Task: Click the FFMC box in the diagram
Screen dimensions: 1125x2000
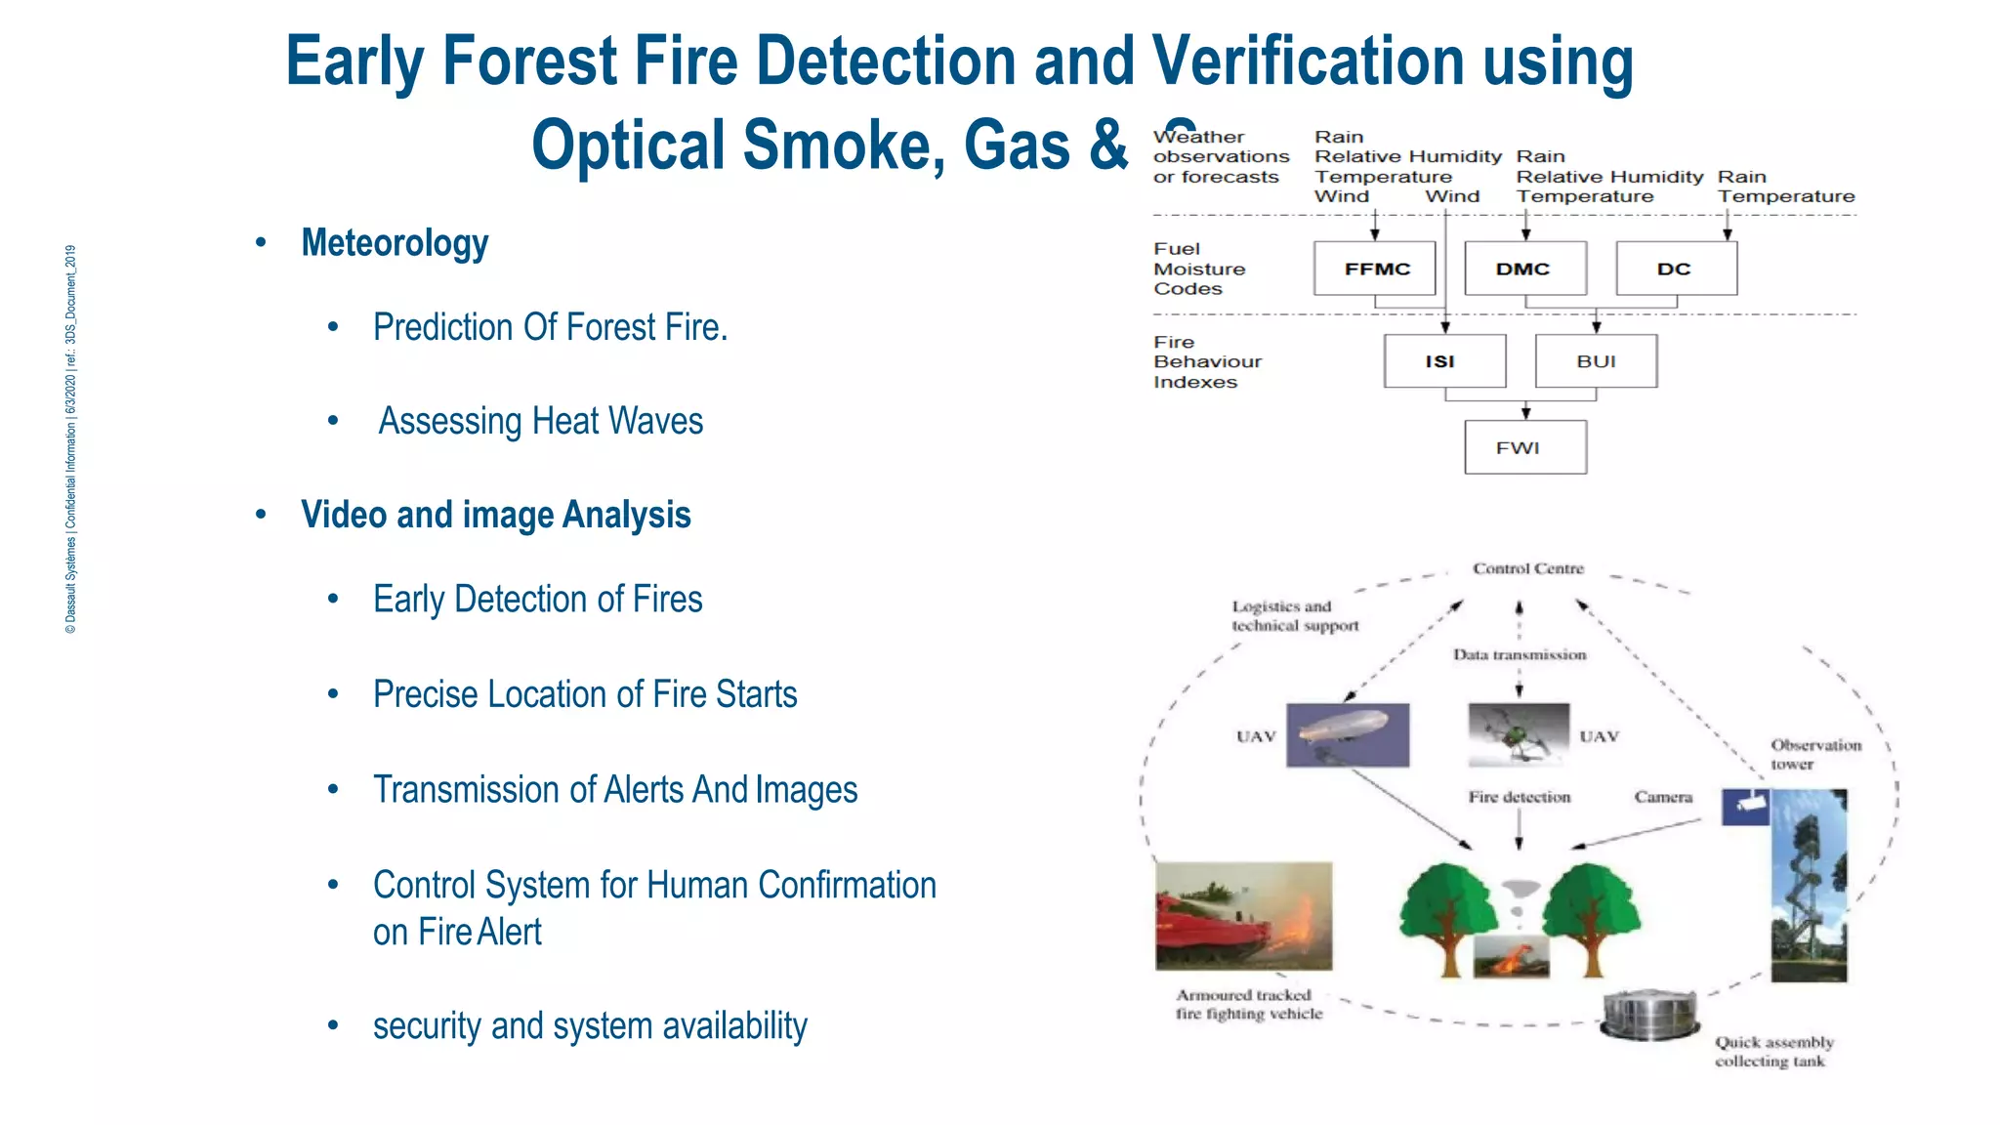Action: click(1375, 269)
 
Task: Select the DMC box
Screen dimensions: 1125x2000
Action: click(1524, 269)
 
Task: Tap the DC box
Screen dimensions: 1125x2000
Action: click(1676, 269)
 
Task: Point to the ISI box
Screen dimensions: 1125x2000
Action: click(1443, 361)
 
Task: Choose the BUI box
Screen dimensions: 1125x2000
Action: click(1596, 361)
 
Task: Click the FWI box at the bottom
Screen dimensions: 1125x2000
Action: click(1524, 447)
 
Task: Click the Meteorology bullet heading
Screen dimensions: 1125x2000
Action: click(395, 242)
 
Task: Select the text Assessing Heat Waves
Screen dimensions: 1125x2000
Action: click(540, 421)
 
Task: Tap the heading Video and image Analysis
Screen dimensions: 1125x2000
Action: click(495, 515)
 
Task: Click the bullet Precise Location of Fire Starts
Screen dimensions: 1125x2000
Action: click(584, 694)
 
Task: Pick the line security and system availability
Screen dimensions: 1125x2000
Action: click(590, 1025)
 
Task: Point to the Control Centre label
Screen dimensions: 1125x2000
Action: click(1528, 568)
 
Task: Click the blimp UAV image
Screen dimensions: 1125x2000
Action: click(1348, 734)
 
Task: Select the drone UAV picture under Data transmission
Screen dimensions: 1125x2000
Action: click(1518, 734)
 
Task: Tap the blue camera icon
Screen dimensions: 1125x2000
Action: click(1745, 807)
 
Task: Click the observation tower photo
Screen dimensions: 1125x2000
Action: click(1809, 884)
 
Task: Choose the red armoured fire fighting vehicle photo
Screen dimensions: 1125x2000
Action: click(1243, 915)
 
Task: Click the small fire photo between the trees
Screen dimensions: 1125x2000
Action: click(1511, 956)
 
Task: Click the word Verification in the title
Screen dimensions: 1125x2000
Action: click(1308, 61)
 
